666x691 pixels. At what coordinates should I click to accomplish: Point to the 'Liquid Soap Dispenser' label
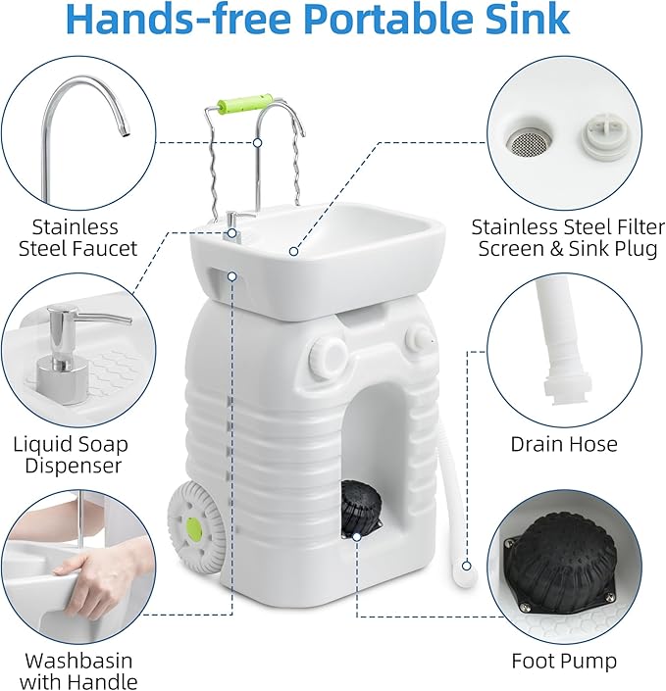pyautogui.click(x=71, y=455)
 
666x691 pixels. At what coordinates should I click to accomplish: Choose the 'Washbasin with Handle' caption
pyautogui.click(x=78, y=671)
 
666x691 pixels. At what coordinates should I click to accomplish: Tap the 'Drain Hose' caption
pyautogui.click(x=564, y=444)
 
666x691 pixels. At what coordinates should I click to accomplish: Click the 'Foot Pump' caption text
pyautogui.click(x=564, y=662)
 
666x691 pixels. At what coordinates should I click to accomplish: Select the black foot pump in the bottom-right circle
pyautogui.click(x=562, y=573)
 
